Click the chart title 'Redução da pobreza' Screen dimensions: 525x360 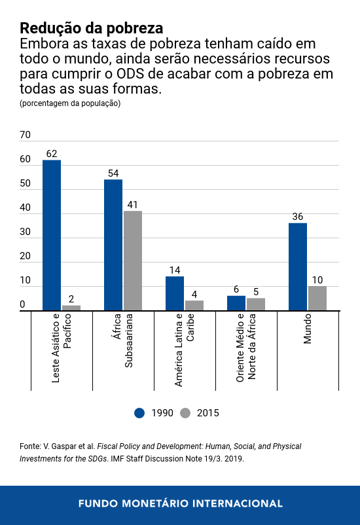tap(91, 28)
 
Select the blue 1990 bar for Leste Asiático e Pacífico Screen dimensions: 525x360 tap(52, 235)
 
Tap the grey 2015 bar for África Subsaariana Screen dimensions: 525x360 tap(133, 261)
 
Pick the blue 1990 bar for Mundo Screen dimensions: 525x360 tap(298, 266)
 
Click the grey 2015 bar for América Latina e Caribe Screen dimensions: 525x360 tap(194, 305)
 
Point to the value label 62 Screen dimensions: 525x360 tap(52, 154)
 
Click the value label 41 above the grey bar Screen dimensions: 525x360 tap(133, 204)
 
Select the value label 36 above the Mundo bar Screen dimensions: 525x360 tap(298, 217)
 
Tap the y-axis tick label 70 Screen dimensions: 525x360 tap(26, 136)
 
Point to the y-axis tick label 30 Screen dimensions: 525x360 tap(26, 232)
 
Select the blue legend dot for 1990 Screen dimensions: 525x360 tap(139, 412)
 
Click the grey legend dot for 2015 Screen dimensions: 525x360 tap(185, 412)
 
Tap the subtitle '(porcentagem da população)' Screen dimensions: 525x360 tap(70, 103)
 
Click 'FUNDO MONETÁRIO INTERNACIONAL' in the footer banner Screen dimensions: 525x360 tap(180, 503)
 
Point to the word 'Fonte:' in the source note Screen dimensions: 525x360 tap(31, 446)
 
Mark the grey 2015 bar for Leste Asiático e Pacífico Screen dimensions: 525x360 tap(71, 308)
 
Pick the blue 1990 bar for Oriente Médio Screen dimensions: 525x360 tap(236, 303)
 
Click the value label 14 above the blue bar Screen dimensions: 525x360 tap(175, 270)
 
